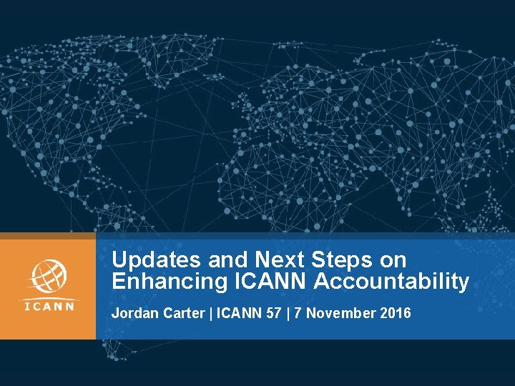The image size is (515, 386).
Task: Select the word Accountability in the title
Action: [x=392, y=282]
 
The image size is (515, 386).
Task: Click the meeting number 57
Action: [x=273, y=312]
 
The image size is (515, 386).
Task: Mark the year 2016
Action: [x=397, y=312]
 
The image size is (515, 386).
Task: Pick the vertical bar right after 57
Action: [x=288, y=312]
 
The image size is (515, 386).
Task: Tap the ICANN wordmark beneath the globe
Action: [x=48, y=307]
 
